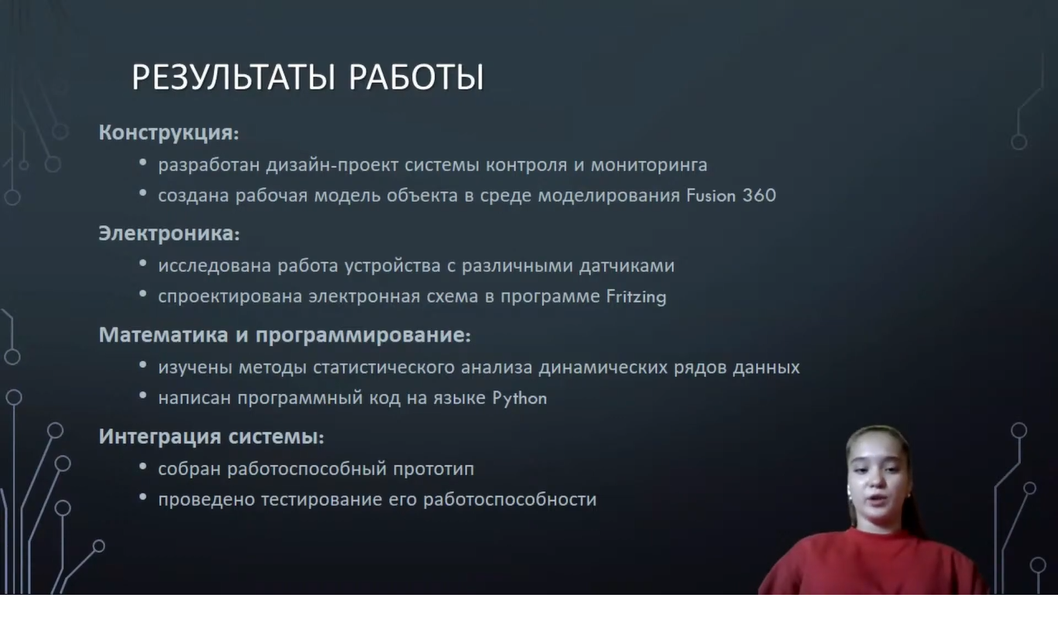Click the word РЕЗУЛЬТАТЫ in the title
coord(234,77)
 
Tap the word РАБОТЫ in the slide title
coord(417,77)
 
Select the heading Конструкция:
coord(169,133)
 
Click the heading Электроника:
coord(169,233)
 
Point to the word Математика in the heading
coord(163,335)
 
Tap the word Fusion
coord(711,195)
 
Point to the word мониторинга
coord(649,166)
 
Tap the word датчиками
coord(627,266)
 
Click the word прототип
coord(433,469)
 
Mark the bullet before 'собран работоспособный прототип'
coord(143,466)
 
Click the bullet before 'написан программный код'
coord(143,396)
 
